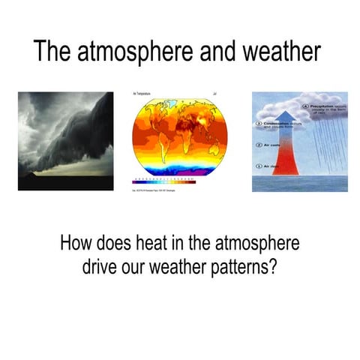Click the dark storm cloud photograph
[x=66, y=140]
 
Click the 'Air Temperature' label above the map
[x=142, y=94]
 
